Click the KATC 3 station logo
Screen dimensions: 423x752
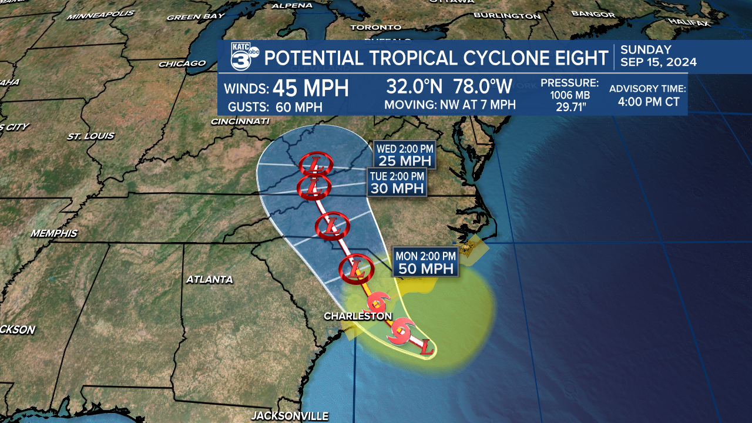tap(243, 58)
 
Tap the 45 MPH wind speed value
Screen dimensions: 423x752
tap(311, 88)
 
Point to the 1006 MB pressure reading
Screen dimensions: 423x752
tap(569, 95)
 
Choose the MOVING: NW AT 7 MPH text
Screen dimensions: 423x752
tap(449, 105)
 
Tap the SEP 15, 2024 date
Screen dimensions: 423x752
tap(659, 62)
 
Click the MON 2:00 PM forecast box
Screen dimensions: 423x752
tap(425, 262)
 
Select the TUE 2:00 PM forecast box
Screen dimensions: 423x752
tap(397, 182)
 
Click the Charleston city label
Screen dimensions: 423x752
tap(358, 316)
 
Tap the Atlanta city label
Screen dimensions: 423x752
tap(209, 280)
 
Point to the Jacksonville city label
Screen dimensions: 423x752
tap(290, 416)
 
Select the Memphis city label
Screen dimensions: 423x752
tap(54, 233)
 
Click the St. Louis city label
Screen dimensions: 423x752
tap(90, 136)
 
